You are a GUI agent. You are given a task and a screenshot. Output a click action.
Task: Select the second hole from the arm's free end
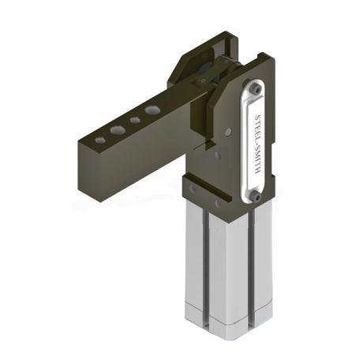click(x=118, y=128)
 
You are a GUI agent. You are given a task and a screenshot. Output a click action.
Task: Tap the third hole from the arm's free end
click(x=136, y=119)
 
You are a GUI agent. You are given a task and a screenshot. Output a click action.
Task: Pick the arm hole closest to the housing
click(x=152, y=109)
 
